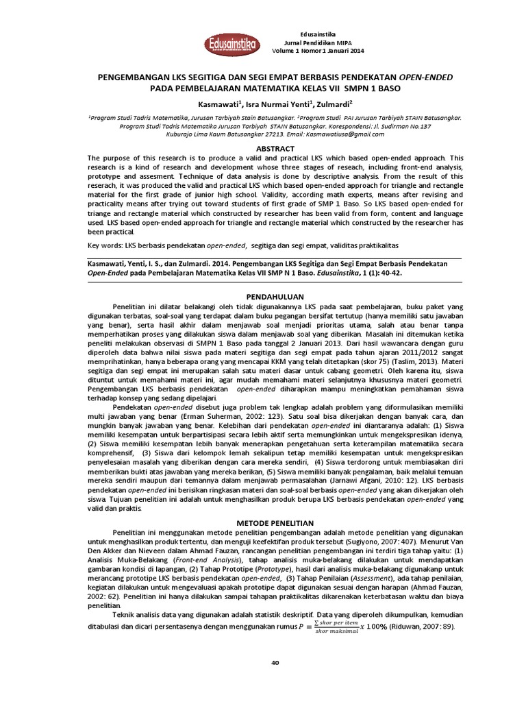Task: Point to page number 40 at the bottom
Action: click(276, 662)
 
